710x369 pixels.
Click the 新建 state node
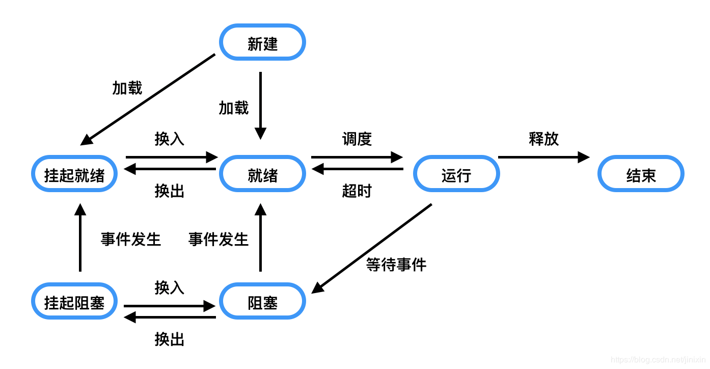pos(262,42)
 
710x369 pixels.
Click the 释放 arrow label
pos(543,139)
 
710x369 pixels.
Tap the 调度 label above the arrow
pos(357,139)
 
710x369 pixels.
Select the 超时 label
pos(357,191)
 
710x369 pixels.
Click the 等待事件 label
pos(396,265)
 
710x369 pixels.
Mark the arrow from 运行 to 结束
pos(543,157)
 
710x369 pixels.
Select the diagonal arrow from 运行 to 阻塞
pos(372,248)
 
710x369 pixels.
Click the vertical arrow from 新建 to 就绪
pos(260,104)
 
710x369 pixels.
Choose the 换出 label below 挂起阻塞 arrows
pos(169,339)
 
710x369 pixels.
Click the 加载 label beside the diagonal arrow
pos(127,88)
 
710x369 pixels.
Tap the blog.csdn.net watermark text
pos(657,360)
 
